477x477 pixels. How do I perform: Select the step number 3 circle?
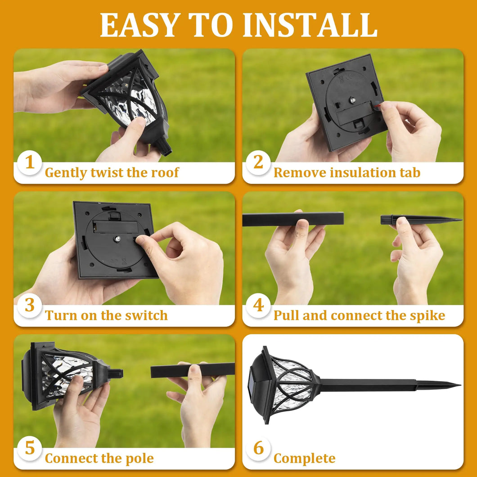click(30, 305)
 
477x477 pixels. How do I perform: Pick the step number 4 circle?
click(258, 305)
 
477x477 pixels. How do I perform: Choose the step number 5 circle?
click(30, 448)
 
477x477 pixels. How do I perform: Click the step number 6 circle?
click(258, 448)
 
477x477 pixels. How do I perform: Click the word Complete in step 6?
click(304, 459)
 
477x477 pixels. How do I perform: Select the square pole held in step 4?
click(292, 219)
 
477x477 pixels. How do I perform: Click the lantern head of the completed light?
click(283, 385)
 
